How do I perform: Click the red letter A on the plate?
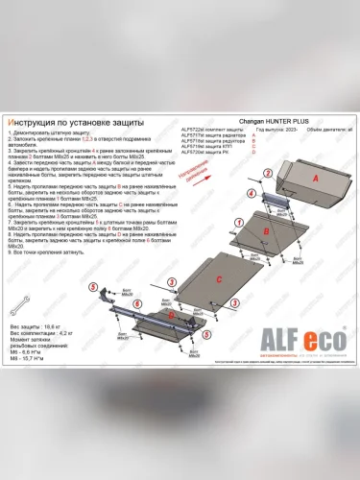tap(315, 178)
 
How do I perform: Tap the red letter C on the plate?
tap(219, 278)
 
